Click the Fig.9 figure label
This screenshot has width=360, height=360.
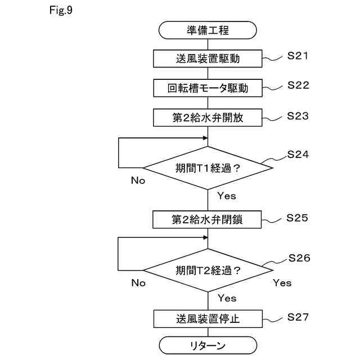61,10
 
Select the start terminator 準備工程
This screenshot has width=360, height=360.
208,30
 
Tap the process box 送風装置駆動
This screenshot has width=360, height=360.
208,58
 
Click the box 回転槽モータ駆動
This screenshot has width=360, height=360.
208,88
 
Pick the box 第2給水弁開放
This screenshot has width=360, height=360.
208,118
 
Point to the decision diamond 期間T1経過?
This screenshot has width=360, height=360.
208,168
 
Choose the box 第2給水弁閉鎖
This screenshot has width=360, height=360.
207,219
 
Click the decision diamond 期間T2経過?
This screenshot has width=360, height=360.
208,270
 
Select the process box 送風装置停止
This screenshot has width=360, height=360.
208,319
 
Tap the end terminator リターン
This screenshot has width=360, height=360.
208,345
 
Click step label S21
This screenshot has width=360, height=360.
298,56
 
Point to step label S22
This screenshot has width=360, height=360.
298,85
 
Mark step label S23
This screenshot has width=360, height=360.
298,116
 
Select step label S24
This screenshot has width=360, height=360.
298,154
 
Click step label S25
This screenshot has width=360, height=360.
297,218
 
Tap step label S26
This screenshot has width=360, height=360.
299,258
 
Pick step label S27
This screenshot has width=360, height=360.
298,317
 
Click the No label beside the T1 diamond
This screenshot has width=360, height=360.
138,181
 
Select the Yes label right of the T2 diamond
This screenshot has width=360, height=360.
282,283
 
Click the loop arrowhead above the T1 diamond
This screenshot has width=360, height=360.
205,138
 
